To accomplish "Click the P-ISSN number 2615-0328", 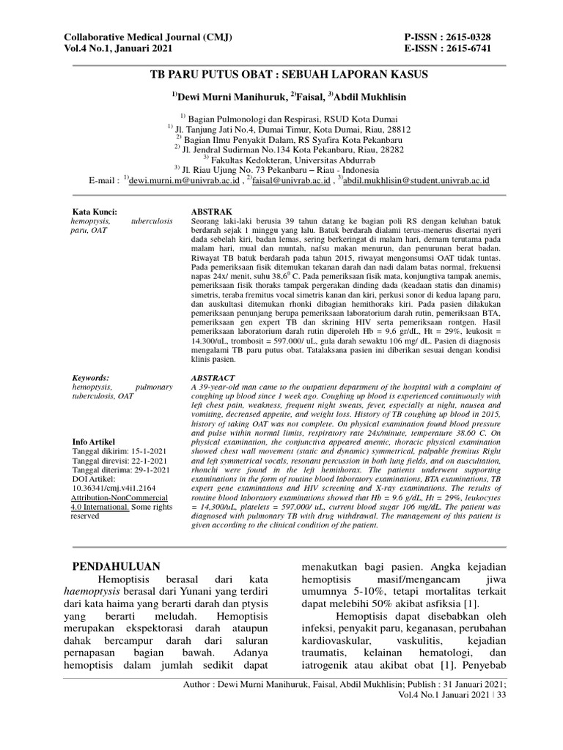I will (463, 36).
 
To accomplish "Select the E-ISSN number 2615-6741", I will (463, 48).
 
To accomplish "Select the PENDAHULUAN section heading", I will (122, 566).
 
